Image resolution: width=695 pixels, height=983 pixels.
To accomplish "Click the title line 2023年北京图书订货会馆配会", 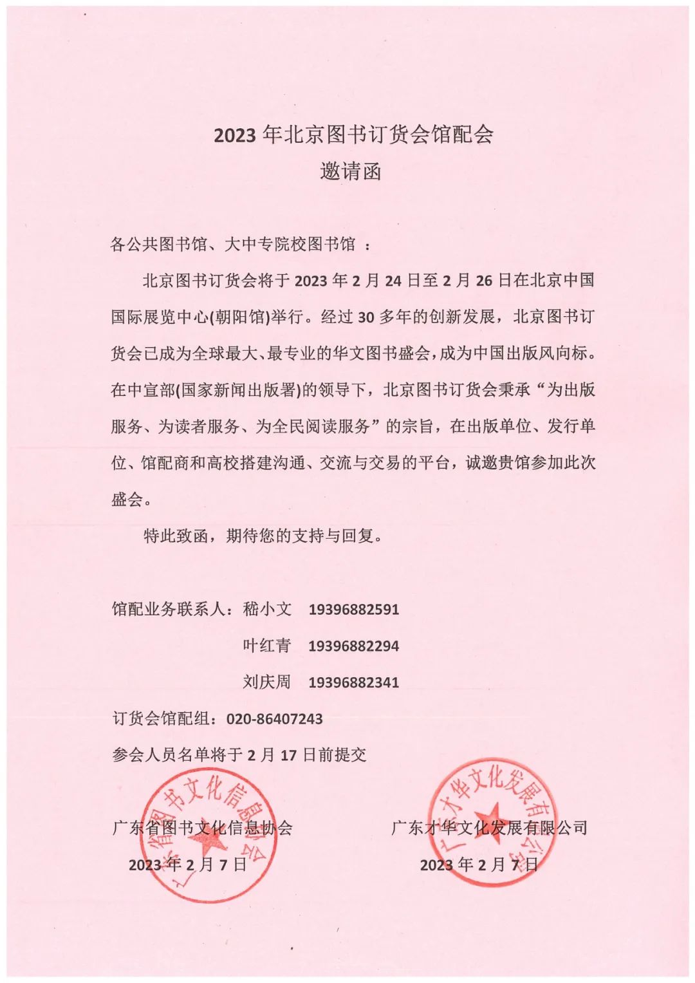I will coord(353,135).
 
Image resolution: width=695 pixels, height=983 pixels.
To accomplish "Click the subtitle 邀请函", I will coord(351,171).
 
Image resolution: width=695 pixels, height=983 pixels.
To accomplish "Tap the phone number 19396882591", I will coord(353,609).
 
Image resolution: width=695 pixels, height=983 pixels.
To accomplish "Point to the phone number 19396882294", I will coord(353,646).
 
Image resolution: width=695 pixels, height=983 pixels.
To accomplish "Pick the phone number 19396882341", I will coord(353,682).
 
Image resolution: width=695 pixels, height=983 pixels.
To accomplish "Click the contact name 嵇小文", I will coord(267,609).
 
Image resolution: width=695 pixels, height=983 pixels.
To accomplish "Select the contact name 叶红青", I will coord(267,646).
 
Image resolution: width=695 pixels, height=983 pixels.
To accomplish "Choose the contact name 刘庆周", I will coord(267,682).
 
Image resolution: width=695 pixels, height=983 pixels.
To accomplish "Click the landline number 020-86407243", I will coord(274,718).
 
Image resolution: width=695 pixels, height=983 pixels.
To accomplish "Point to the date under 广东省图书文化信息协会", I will coord(187,865).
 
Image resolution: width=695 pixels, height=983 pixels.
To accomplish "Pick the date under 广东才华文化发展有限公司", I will coord(479,865).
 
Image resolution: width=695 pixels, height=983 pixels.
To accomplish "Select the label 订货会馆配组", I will coord(163,718).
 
